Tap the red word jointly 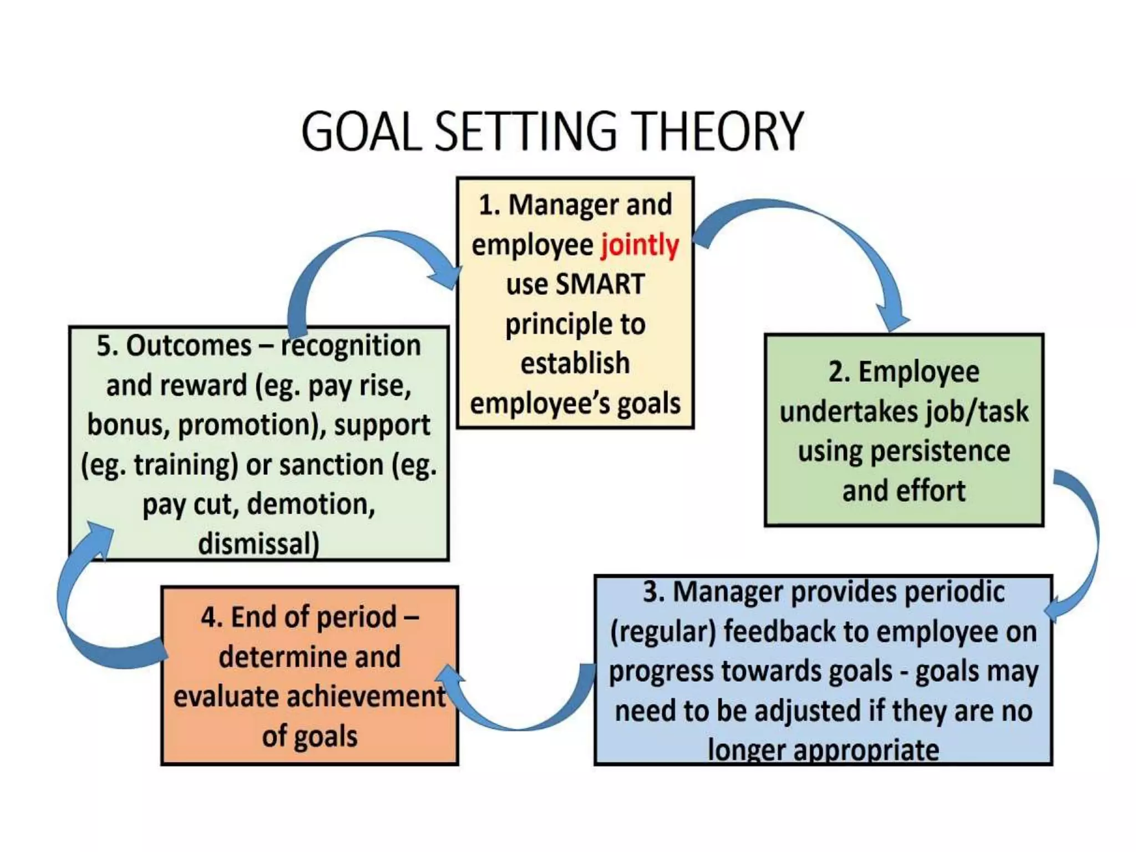[640, 245]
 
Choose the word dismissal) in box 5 [258, 544]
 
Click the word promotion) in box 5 [252, 425]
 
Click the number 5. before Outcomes [108, 346]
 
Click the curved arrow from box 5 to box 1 [344, 250]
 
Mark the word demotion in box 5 [310, 504]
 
